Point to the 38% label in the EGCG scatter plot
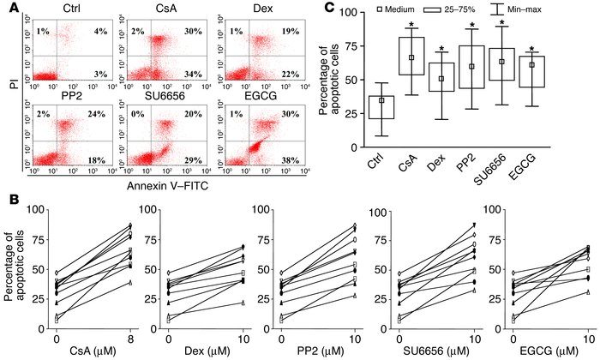(x=279, y=159)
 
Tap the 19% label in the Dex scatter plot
(x=279, y=32)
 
